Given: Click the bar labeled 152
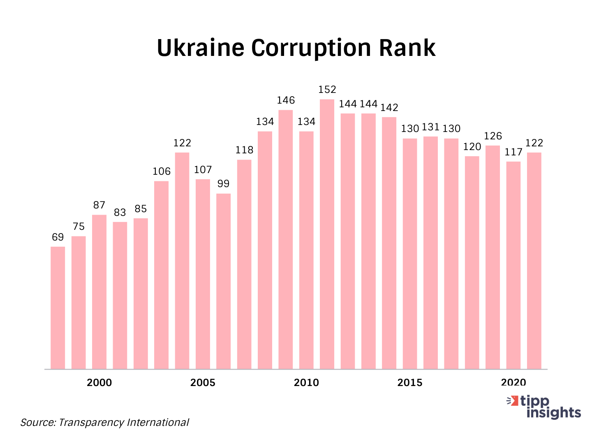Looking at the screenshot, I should pyautogui.click(x=327, y=234).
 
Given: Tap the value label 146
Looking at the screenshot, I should pyautogui.click(x=286, y=100).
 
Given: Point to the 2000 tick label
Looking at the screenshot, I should pyautogui.click(x=99, y=383).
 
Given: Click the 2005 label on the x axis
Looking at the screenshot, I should pyautogui.click(x=203, y=383).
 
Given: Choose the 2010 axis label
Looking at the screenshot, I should pyautogui.click(x=306, y=383).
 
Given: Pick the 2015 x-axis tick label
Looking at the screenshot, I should pyautogui.click(x=410, y=383).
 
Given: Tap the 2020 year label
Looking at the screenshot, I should pyautogui.click(x=513, y=383).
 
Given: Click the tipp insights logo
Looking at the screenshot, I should pyautogui.click(x=544, y=407).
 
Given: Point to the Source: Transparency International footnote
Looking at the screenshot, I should pyautogui.click(x=104, y=422).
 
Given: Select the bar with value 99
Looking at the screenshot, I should pyautogui.click(x=223, y=281).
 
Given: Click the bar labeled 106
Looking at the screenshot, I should pyautogui.click(x=161, y=275).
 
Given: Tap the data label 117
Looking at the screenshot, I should pyautogui.click(x=513, y=152).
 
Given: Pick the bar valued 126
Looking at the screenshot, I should pyautogui.click(x=493, y=257).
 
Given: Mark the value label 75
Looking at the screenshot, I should pyautogui.click(x=79, y=227).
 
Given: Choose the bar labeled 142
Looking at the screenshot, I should pyautogui.click(x=389, y=243).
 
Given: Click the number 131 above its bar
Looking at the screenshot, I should pyautogui.click(x=430, y=127).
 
